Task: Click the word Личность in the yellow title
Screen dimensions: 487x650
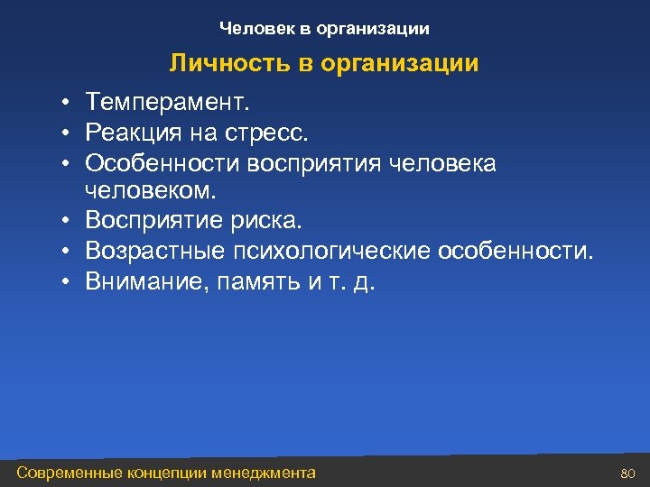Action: [x=217, y=64]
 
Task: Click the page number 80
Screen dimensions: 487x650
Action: [x=628, y=473]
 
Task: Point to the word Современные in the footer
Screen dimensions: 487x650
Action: [x=79, y=472]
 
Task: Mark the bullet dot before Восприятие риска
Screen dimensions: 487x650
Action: [x=67, y=222]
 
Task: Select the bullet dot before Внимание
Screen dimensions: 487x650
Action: [x=67, y=281]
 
